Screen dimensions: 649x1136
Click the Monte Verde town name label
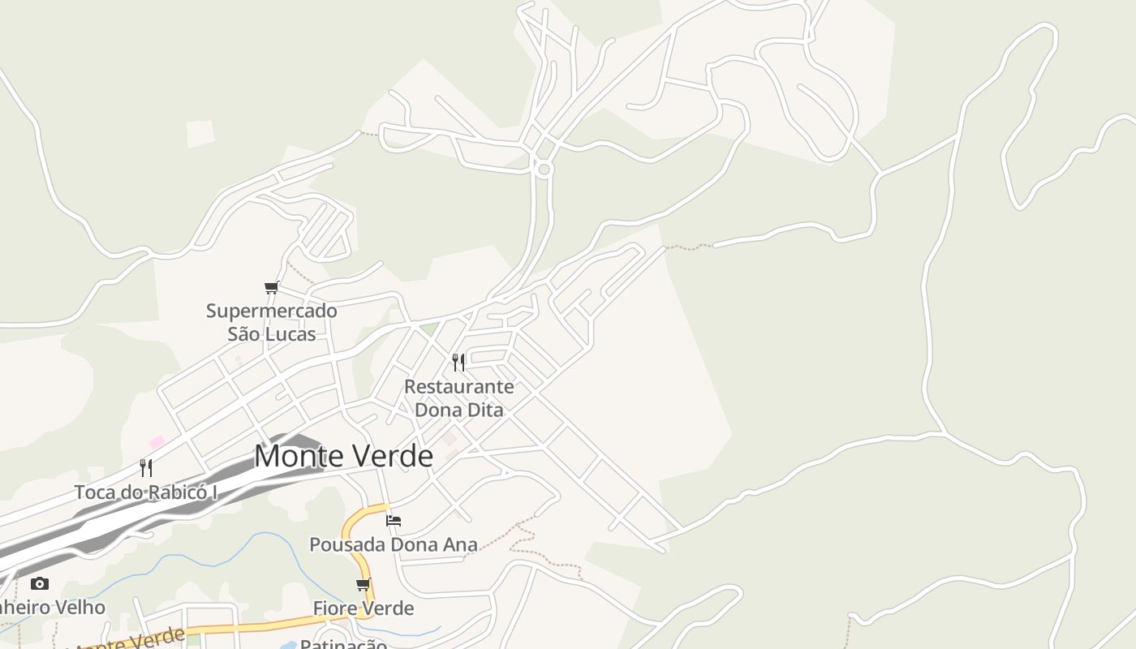pyautogui.click(x=343, y=456)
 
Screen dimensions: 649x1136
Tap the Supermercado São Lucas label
pyautogui.click(x=271, y=322)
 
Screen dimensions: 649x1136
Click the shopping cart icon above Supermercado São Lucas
pyautogui.click(x=271, y=288)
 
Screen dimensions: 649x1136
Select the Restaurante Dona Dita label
pyautogui.click(x=459, y=398)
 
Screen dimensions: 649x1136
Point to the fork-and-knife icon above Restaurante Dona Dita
pyautogui.click(x=458, y=362)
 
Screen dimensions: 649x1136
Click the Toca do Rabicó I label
pyautogui.click(x=146, y=492)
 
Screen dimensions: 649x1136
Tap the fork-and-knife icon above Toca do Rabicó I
pyautogui.click(x=146, y=467)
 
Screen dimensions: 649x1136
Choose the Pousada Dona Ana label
pyautogui.click(x=394, y=544)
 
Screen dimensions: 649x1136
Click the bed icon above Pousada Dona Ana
pyautogui.click(x=394, y=520)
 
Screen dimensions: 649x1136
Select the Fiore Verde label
pyautogui.click(x=364, y=608)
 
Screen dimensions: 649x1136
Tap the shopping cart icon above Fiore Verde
pyautogui.click(x=363, y=584)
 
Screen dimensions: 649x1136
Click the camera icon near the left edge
pyautogui.click(x=39, y=583)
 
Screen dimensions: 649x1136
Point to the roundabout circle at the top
pyautogui.click(x=544, y=169)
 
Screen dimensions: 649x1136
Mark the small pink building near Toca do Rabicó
pyautogui.click(x=157, y=442)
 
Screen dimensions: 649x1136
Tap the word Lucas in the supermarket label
pyautogui.click(x=290, y=333)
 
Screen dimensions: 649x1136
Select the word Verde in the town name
pyautogui.click(x=393, y=456)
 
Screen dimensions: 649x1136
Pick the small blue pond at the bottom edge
pyautogui.click(x=289, y=646)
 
